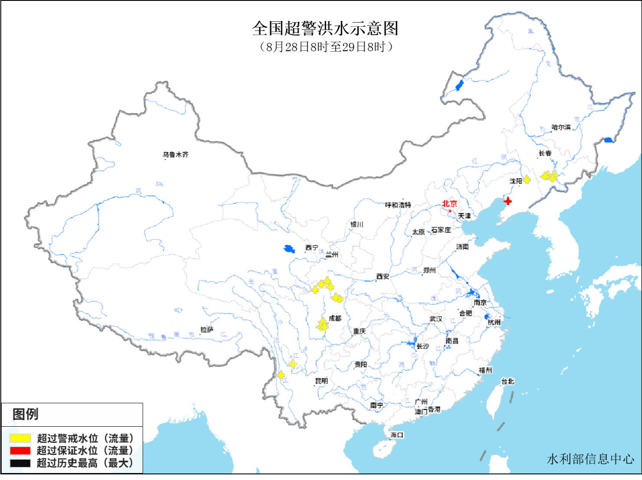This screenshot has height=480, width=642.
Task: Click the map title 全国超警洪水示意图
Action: [325, 29]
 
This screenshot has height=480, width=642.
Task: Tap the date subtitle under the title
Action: [326, 47]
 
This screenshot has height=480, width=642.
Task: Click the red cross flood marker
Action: [508, 201]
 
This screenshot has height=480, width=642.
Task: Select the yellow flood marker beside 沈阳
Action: [527, 180]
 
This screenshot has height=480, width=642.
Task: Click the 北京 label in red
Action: [449, 203]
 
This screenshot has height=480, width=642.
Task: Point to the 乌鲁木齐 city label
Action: [176, 154]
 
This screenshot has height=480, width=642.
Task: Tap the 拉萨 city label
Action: [207, 330]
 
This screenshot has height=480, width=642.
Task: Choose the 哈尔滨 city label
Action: [561, 127]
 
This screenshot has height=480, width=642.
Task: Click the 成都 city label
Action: [335, 318]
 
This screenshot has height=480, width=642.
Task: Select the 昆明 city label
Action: [321, 381]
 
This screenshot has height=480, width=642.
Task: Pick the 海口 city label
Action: [397, 434]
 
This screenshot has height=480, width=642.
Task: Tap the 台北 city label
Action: [508, 381]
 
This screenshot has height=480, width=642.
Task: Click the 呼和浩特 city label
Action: [398, 205]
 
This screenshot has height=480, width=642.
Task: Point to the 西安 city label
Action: [383, 276]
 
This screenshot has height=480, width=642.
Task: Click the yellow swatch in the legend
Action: [20, 438]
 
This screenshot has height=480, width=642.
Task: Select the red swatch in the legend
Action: [20, 451]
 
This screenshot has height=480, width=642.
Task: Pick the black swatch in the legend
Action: [20, 463]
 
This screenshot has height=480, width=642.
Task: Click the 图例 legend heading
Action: [26, 414]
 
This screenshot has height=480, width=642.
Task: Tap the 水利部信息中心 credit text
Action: [590, 459]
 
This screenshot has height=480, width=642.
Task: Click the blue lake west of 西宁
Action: [289, 249]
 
